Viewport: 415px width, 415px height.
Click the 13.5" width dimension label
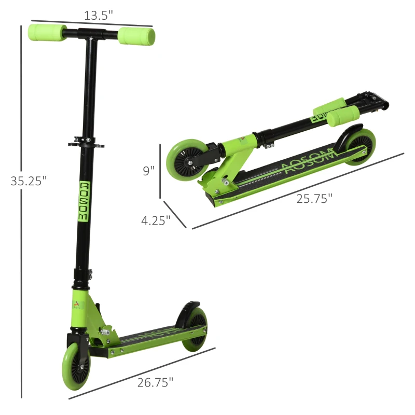coord(99,16)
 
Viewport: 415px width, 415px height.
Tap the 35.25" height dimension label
coord(29,181)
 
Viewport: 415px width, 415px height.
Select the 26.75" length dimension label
coord(155,383)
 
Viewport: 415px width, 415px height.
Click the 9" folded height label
coord(149,171)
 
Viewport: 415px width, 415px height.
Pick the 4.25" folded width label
coord(156,220)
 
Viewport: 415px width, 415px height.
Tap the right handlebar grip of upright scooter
coord(136,36)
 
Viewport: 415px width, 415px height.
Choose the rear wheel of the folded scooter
coord(359,147)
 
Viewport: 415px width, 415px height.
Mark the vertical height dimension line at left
coord(21,208)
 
